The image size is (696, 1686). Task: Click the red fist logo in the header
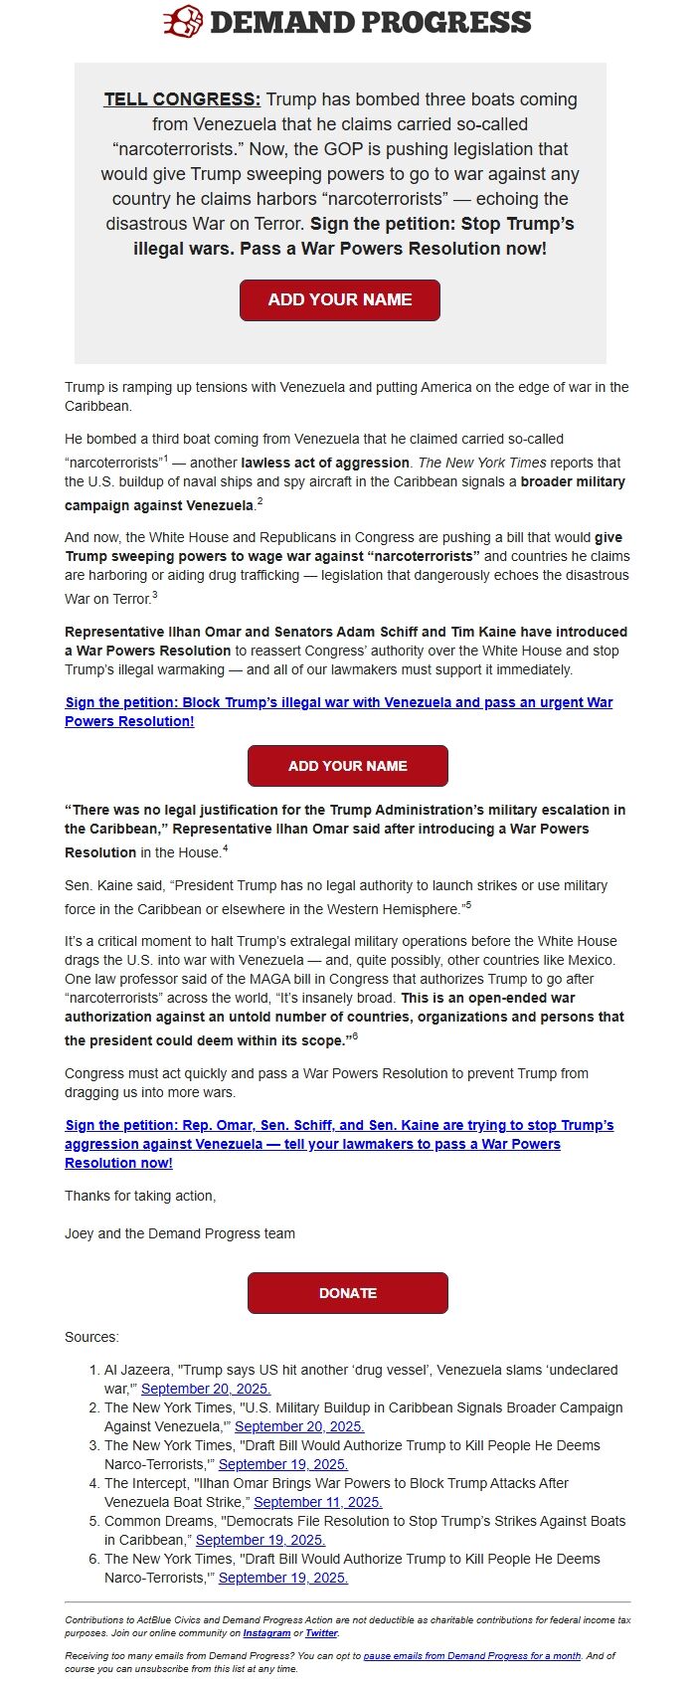click(x=183, y=21)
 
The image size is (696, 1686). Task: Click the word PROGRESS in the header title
click(x=444, y=22)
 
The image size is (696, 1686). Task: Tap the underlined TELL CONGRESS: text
click(x=182, y=99)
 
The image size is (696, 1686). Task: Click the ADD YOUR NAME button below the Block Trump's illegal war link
click(x=347, y=766)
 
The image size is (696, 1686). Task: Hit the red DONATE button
click(x=347, y=1293)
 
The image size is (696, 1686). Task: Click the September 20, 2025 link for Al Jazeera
click(x=206, y=1389)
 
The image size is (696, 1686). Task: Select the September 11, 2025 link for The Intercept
click(x=318, y=1502)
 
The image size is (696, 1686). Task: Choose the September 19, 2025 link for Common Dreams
click(x=261, y=1540)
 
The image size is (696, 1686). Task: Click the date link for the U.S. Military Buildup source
click(x=299, y=1426)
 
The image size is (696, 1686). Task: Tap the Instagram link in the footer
click(x=266, y=1633)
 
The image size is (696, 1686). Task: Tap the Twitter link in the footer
click(x=321, y=1633)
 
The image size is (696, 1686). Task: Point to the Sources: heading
click(x=91, y=1337)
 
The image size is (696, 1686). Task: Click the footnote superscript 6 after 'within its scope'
click(x=355, y=1036)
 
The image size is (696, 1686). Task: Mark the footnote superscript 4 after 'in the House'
click(x=226, y=848)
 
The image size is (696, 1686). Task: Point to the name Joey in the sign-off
click(x=79, y=1233)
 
